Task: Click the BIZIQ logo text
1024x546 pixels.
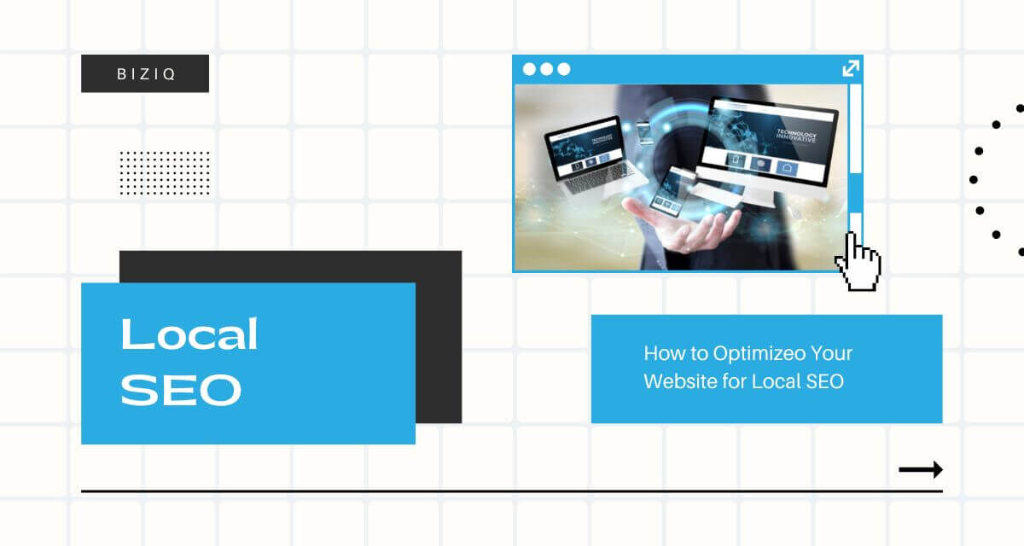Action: pos(146,74)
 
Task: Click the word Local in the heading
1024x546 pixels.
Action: pos(189,334)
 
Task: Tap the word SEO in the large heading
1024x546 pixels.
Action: pos(181,390)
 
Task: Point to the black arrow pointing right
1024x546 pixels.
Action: pos(921,470)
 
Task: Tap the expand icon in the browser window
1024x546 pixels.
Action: pos(851,68)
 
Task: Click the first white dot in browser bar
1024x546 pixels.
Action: pos(529,69)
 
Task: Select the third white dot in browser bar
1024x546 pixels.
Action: pos(564,69)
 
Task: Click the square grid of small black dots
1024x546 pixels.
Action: pos(165,173)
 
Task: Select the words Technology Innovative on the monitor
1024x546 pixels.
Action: pos(796,136)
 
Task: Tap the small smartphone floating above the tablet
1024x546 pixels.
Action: pos(643,132)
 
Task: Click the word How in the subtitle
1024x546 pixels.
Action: pos(659,353)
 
